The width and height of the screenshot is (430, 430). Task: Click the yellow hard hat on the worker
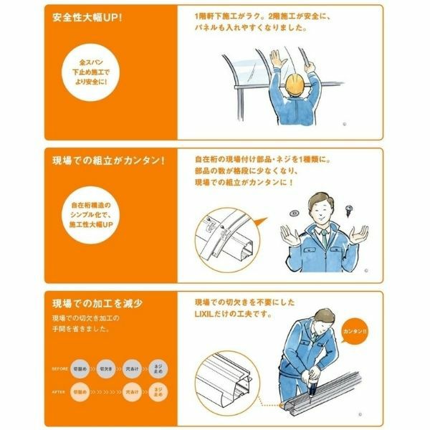point(294,84)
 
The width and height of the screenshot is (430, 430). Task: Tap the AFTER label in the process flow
point(59,392)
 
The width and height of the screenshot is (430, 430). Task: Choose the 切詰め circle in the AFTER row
point(80,392)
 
